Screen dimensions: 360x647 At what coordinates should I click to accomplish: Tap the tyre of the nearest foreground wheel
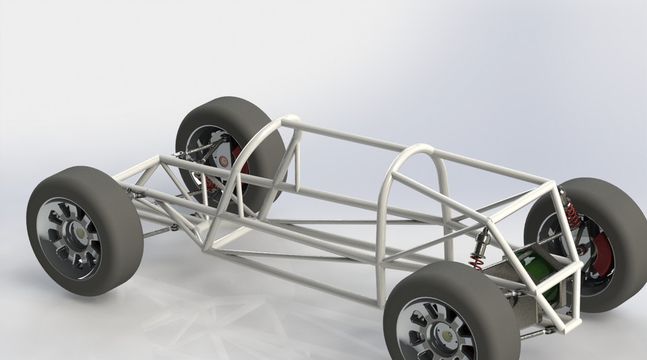click(x=485, y=297)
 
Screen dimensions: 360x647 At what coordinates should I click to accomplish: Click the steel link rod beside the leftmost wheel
click(x=159, y=232)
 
